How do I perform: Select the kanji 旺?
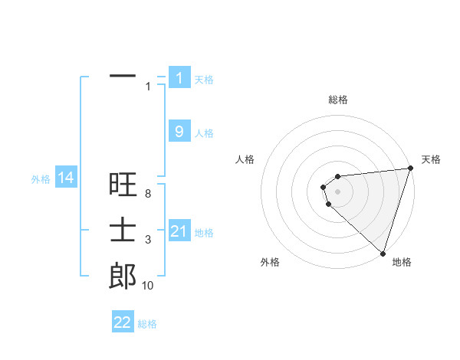point(123,185)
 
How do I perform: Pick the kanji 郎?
point(123,276)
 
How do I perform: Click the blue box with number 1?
point(179,77)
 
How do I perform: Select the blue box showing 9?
point(179,132)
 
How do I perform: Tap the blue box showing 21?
point(179,231)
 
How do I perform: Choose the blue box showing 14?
point(66,178)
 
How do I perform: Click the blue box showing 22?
point(123,322)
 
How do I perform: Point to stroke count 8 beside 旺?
point(147,194)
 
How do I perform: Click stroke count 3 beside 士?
point(147,241)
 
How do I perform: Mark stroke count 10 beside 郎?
point(147,286)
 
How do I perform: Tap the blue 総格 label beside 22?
point(147,324)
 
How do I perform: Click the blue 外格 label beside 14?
point(41,179)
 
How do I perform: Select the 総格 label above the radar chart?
point(337,100)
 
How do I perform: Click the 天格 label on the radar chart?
point(431,159)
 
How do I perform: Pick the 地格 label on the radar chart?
point(402,262)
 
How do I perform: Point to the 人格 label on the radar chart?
point(245,159)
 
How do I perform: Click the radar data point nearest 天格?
point(410,169)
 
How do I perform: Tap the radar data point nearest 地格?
point(383,253)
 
